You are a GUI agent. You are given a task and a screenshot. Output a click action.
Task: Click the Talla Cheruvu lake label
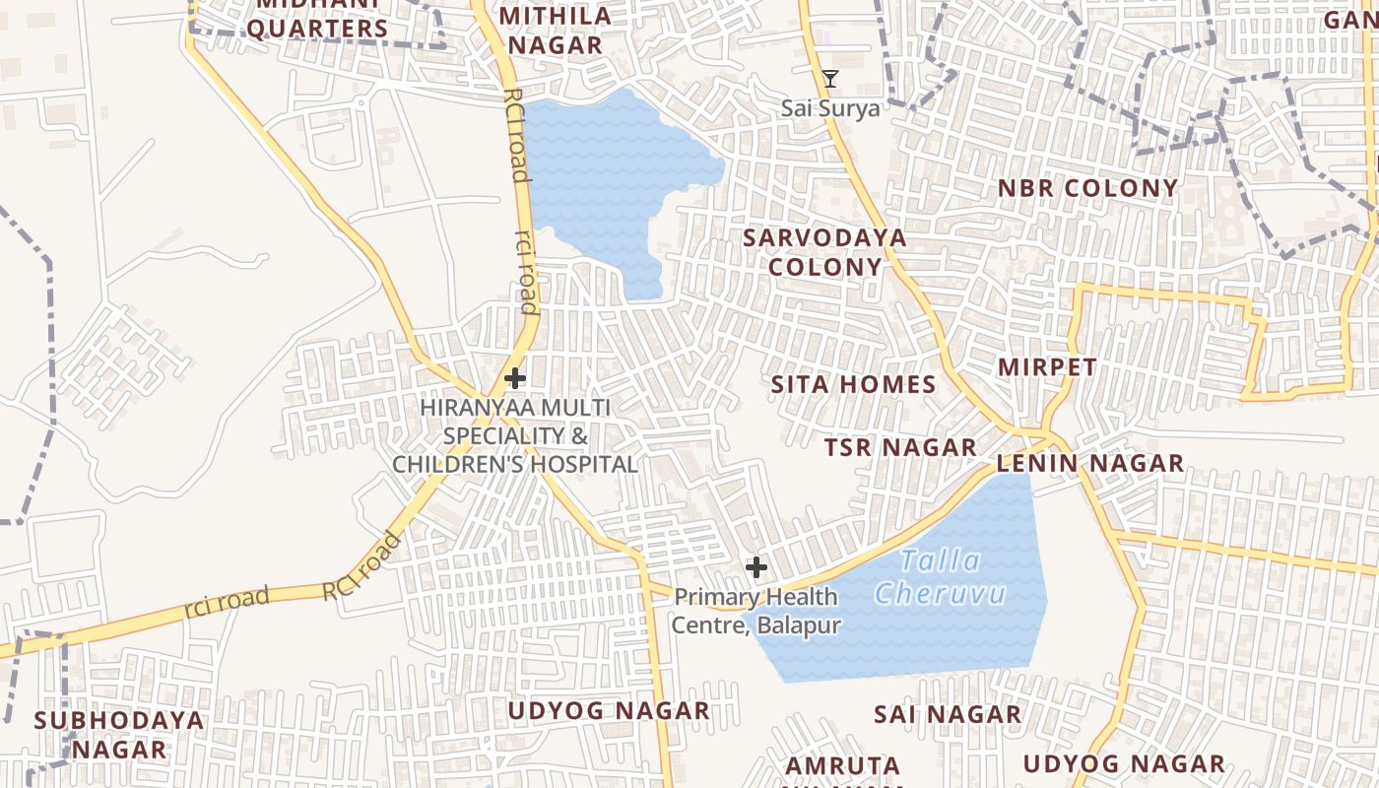pyautogui.click(x=941, y=577)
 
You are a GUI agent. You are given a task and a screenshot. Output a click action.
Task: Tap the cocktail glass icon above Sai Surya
pyautogui.click(x=830, y=79)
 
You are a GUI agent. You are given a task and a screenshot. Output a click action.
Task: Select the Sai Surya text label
pyautogui.click(x=830, y=107)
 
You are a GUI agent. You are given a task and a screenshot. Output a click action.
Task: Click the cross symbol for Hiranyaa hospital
pyautogui.click(x=514, y=378)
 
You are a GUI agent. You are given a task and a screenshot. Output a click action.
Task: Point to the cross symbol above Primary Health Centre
pyautogui.click(x=755, y=567)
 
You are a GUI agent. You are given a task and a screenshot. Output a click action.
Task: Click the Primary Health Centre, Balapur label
pyautogui.click(x=756, y=611)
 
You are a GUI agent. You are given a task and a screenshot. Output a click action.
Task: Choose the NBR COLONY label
pyautogui.click(x=1087, y=188)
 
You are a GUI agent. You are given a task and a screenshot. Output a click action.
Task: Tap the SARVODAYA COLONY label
pyautogui.click(x=825, y=252)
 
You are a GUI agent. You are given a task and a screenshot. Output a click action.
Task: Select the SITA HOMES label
pyautogui.click(x=853, y=384)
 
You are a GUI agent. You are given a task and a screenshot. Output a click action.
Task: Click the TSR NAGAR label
pyautogui.click(x=900, y=447)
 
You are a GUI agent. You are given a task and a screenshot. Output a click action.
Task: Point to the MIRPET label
pyautogui.click(x=1047, y=367)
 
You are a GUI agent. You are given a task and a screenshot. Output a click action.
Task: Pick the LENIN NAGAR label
pyautogui.click(x=1090, y=463)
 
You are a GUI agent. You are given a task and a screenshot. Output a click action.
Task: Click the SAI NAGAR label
pyautogui.click(x=948, y=714)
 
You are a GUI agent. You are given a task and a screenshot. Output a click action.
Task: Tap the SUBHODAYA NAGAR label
pyautogui.click(x=119, y=734)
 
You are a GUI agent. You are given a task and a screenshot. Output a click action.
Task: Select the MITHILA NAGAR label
pyautogui.click(x=555, y=30)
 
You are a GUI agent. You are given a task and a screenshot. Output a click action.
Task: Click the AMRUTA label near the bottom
pyautogui.click(x=842, y=765)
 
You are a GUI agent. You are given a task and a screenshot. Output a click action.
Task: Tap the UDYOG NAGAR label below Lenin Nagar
pyautogui.click(x=1124, y=763)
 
